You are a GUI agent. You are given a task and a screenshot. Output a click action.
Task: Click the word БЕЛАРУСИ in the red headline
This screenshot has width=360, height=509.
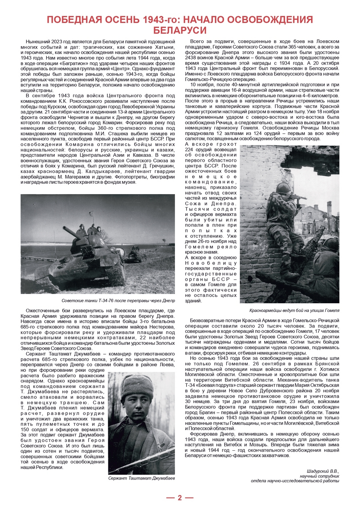click(x=180, y=30)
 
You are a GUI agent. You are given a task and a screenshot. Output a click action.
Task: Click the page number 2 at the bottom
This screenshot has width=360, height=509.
click(x=180, y=498)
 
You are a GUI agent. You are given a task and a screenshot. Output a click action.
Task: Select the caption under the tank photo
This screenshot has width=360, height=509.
click(x=118, y=300)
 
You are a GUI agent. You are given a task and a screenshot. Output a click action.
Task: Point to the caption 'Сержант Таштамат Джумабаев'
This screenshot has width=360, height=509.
click(x=141, y=478)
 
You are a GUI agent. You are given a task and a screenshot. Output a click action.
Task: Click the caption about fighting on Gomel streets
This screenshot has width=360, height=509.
click(x=294, y=310)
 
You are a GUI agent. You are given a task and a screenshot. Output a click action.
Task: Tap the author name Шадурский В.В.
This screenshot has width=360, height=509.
click(x=323, y=471)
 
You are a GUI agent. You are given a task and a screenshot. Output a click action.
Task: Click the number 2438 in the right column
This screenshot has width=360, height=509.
click(x=192, y=58)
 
